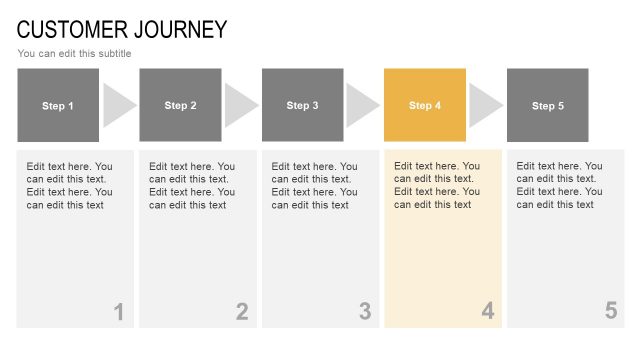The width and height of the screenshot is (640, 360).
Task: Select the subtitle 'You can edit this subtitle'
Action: (x=74, y=54)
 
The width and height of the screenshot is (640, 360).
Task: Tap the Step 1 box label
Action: (x=58, y=106)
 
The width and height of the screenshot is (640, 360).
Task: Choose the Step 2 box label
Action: (x=180, y=106)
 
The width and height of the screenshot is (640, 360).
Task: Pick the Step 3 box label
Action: (x=303, y=106)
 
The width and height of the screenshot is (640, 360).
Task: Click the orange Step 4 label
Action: (x=425, y=106)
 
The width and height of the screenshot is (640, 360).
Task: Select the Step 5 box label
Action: (x=548, y=106)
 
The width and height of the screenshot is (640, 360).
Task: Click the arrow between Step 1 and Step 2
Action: (x=118, y=105)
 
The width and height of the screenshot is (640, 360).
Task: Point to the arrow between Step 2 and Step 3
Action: (x=240, y=105)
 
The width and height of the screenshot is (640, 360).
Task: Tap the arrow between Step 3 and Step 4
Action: (x=362, y=105)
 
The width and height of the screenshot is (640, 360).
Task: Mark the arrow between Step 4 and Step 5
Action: (x=485, y=105)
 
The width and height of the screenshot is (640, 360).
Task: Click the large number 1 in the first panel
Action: (x=119, y=312)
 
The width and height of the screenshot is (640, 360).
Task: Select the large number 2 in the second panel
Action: (x=242, y=312)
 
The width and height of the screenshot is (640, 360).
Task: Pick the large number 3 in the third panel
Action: (x=365, y=312)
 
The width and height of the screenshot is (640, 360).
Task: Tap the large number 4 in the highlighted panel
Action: (x=488, y=312)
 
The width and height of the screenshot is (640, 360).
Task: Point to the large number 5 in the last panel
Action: (x=611, y=311)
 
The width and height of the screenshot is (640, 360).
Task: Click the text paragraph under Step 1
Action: (x=70, y=186)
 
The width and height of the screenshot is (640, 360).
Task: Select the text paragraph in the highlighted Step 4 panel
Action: (x=437, y=185)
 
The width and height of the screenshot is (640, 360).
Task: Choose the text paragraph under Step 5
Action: (x=560, y=185)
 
